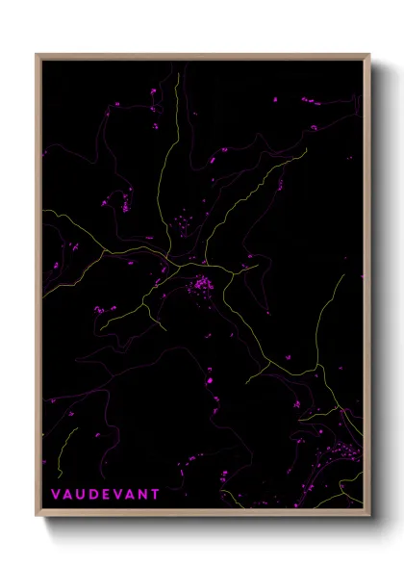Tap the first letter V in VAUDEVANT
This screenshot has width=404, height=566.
pos(55,493)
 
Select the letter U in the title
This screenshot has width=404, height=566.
pos(81,493)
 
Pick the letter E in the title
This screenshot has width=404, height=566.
pos(106,493)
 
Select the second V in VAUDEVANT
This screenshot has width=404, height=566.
pos(118,493)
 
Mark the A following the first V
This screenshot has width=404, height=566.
pos(67,493)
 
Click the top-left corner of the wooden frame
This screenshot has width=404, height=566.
pos(37,54)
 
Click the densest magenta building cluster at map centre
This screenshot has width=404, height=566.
pos(202,285)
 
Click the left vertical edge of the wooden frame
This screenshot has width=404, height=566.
pos(38,289)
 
